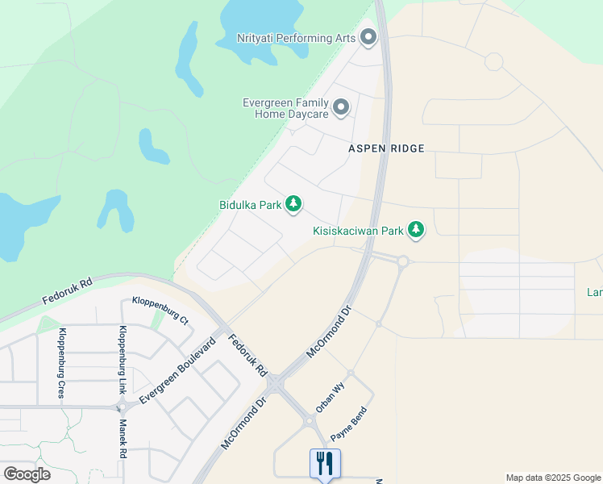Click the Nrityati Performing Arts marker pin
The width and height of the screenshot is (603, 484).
[x=369, y=37]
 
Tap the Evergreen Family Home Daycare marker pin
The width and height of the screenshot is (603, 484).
[x=341, y=107]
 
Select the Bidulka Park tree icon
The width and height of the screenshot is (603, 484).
[x=294, y=205]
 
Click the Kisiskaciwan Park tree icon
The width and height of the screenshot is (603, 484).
[x=416, y=231]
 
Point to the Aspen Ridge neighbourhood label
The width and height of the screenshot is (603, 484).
[x=386, y=148]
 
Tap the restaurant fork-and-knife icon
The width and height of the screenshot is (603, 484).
[x=325, y=464]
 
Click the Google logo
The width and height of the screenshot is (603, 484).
[x=27, y=474]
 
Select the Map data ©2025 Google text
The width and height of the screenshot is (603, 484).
[x=552, y=478]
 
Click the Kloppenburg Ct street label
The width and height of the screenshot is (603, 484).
[x=160, y=310]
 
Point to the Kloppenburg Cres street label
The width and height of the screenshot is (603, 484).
[x=60, y=363]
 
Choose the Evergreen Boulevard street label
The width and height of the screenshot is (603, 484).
[x=177, y=372]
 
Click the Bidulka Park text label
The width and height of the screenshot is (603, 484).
[x=251, y=205]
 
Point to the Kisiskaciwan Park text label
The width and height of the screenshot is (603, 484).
[x=358, y=231]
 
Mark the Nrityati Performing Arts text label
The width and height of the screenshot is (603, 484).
[x=296, y=38]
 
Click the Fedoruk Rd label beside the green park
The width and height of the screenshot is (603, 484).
[x=69, y=292]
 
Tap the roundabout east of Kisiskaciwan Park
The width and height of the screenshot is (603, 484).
[x=403, y=261]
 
